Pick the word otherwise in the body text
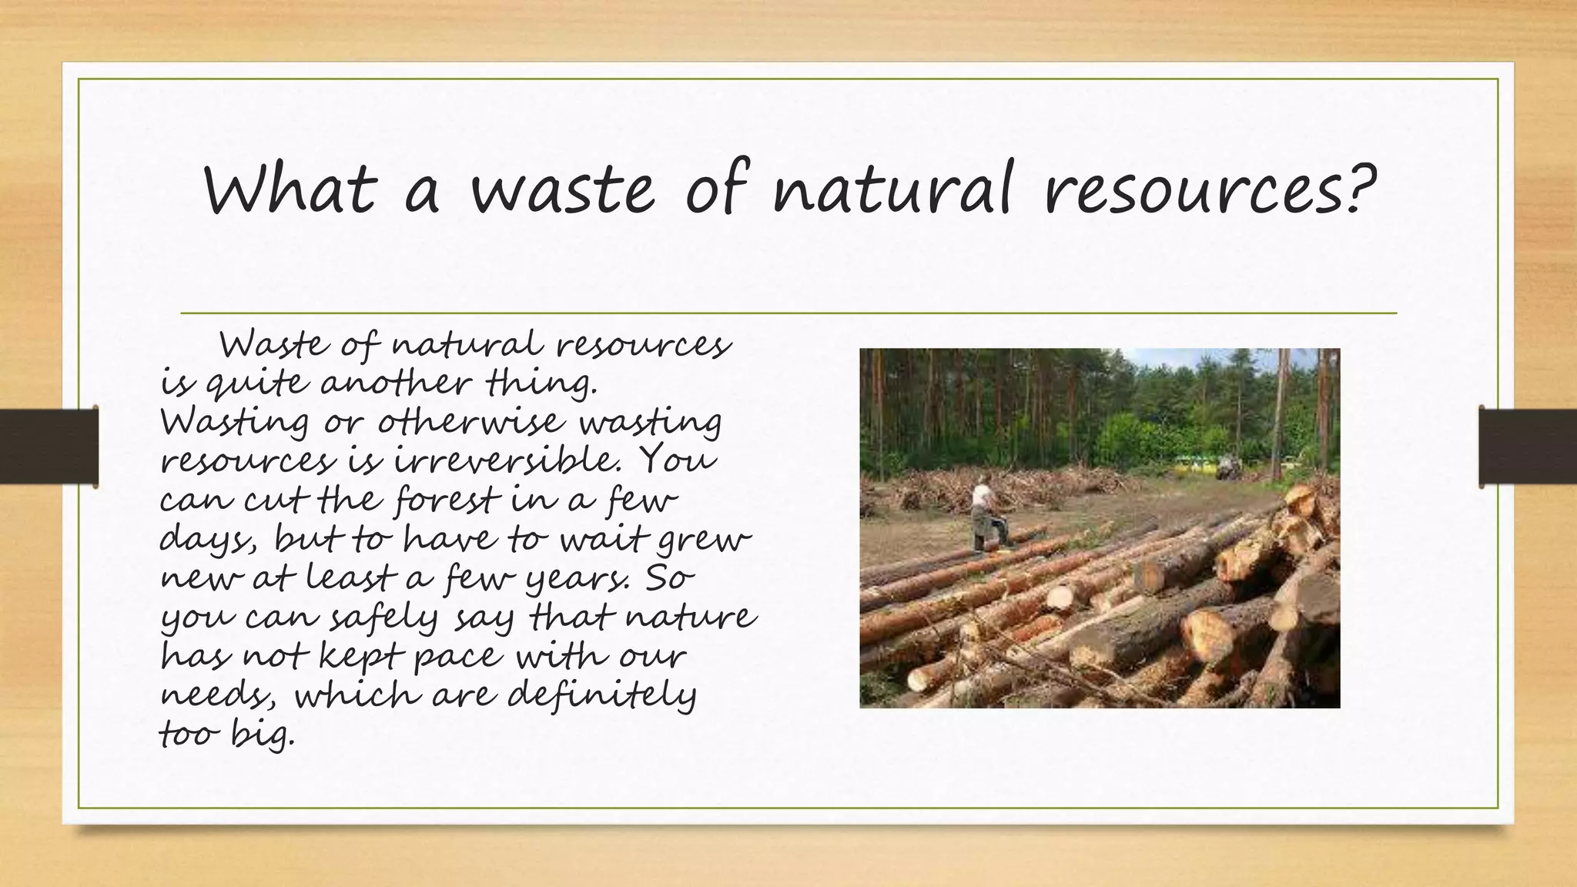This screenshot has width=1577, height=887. click(470, 422)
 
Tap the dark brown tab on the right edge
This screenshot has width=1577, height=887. click(1528, 447)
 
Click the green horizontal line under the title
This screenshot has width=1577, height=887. click(788, 313)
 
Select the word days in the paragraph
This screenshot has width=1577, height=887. click(206, 540)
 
